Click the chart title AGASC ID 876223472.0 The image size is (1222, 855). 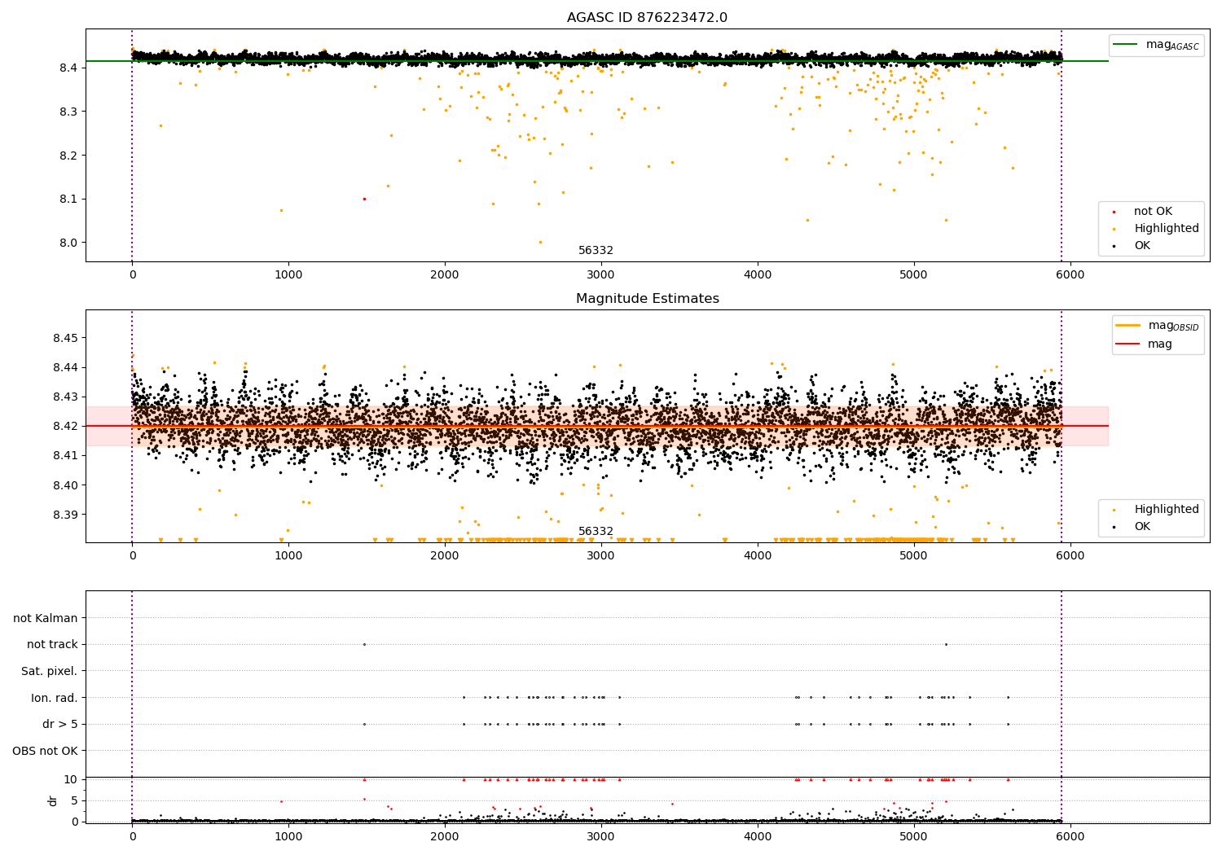(647, 18)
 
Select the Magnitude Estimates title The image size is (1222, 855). (647, 299)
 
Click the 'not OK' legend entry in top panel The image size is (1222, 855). (1153, 212)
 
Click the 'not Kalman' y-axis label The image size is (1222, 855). (46, 618)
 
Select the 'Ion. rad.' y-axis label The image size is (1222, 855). (55, 698)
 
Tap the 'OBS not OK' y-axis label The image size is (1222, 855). (46, 751)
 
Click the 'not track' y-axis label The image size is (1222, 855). (52, 645)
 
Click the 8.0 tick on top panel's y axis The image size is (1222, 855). (68, 243)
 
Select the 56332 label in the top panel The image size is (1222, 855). (596, 251)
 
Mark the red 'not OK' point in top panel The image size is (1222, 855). (364, 199)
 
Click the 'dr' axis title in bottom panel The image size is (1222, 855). (53, 800)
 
